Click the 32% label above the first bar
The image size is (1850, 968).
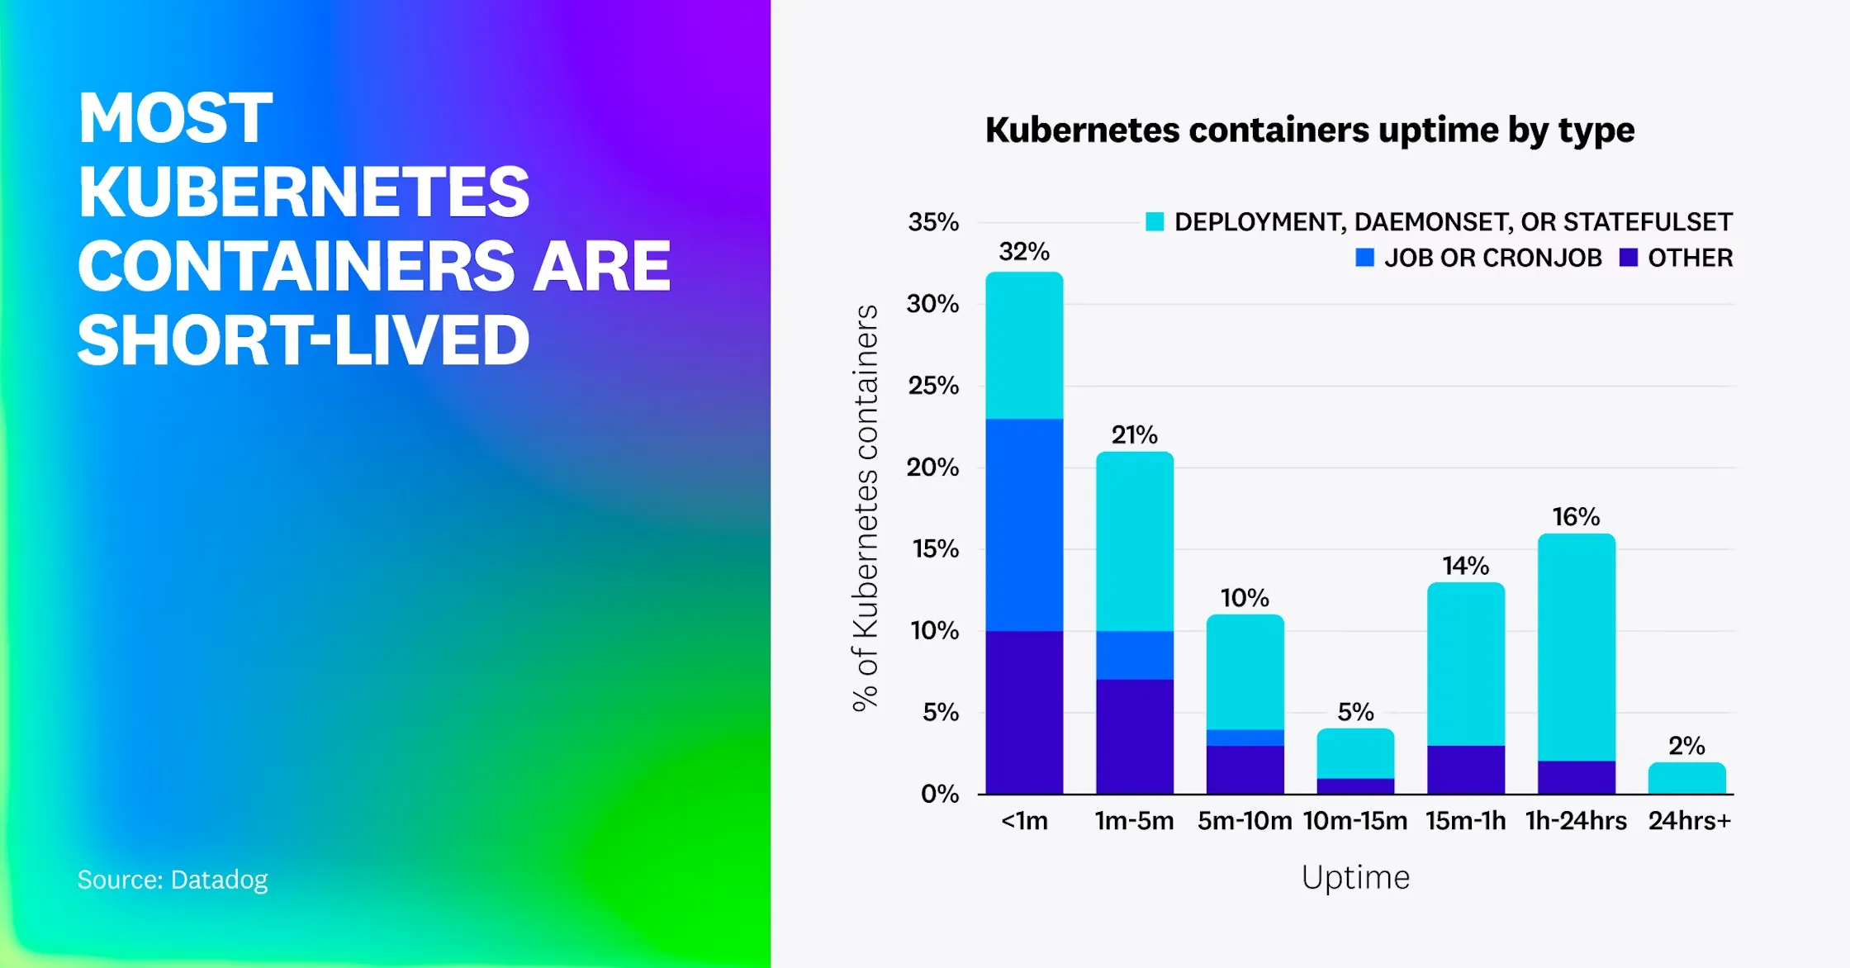point(1023,251)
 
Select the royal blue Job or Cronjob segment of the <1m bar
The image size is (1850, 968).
point(1024,524)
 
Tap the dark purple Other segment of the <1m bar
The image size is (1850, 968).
point(1024,712)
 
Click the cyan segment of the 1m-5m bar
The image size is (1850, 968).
point(1134,541)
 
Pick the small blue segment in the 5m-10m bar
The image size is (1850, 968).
point(1245,738)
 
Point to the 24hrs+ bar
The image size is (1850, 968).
point(1686,778)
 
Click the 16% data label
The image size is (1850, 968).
point(1576,517)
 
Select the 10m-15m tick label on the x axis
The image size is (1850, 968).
point(1354,821)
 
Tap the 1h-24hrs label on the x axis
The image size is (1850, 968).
point(1576,821)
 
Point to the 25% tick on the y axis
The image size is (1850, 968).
point(933,386)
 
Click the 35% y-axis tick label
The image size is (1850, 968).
point(933,222)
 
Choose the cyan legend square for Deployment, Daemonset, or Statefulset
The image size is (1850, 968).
point(1155,221)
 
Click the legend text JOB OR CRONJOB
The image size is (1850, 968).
point(1492,258)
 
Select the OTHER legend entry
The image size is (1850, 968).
point(1690,258)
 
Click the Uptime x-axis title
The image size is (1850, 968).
point(1355,877)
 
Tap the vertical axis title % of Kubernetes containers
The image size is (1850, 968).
point(865,508)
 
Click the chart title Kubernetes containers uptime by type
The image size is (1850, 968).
point(1309,130)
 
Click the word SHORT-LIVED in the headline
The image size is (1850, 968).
point(303,339)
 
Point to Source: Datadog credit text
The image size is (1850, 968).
point(173,880)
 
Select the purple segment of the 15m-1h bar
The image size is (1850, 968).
point(1465,770)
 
